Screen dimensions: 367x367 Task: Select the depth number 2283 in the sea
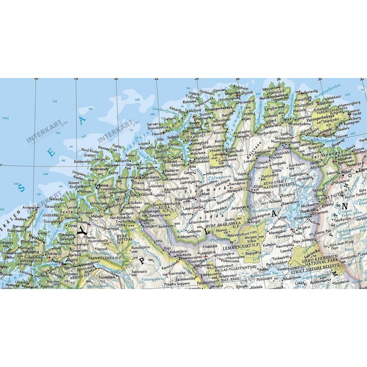(6, 118)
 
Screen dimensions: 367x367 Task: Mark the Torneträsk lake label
(106, 278)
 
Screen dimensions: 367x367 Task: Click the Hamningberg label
(351, 104)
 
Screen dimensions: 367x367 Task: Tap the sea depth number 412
(55, 101)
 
